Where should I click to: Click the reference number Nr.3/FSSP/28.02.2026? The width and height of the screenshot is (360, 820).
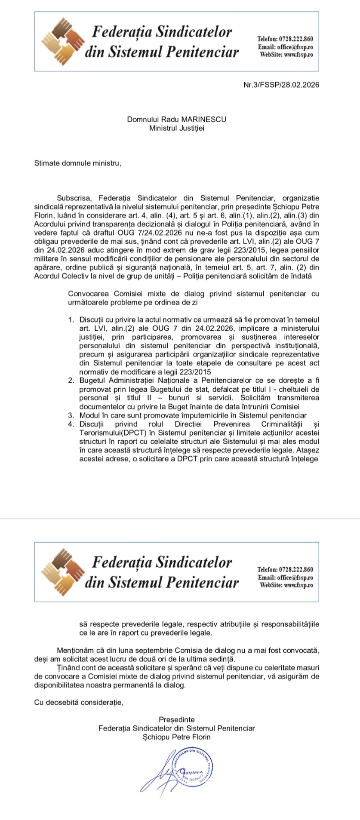point(281,85)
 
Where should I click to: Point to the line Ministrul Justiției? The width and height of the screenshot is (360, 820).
point(177,128)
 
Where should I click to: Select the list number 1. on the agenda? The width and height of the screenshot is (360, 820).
point(71,320)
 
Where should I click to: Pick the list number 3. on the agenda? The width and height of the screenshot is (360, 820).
point(71,415)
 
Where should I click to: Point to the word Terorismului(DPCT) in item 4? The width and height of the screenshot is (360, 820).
point(108,433)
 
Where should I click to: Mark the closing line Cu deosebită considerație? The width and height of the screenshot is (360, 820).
point(79,702)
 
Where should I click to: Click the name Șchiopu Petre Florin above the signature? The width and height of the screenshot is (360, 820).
point(177,737)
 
